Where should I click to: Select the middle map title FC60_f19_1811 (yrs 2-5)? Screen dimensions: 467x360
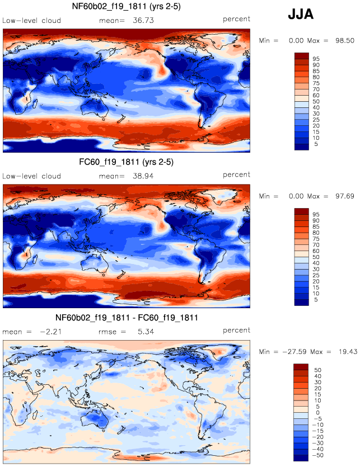(127, 163)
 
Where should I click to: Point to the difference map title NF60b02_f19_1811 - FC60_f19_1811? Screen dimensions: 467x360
(127, 318)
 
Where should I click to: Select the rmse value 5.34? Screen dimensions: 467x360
(144, 331)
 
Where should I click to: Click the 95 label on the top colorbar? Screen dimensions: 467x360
(316, 58)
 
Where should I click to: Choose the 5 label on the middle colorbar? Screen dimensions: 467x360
(314, 300)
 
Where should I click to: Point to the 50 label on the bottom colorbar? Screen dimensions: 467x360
(316, 370)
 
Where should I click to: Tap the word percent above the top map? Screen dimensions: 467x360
(236, 20)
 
